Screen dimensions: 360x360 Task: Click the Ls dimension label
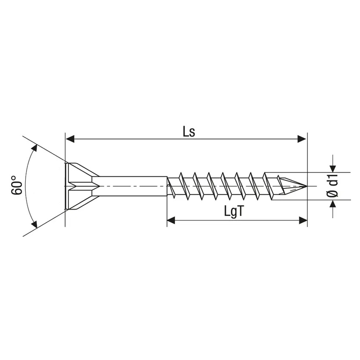(189, 132)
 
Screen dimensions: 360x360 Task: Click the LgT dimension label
(233, 211)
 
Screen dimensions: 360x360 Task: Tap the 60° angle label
(17, 185)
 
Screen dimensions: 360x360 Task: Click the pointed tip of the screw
(307, 186)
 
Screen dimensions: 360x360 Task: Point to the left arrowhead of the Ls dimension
(70, 139)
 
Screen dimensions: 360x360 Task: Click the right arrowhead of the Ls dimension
(301, 139)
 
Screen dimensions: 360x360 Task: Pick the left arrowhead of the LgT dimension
(171, 220)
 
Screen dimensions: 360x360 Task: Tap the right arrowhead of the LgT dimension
(303, 220)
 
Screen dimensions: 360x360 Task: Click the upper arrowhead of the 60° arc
(34, 148)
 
